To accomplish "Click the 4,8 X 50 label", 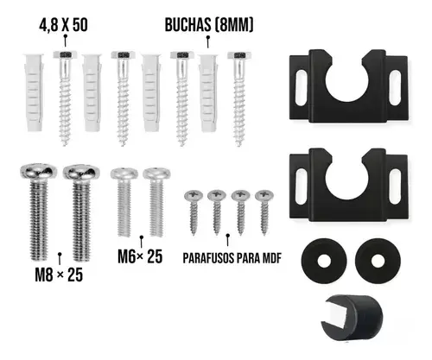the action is pyautogui.click(x=63, y=25).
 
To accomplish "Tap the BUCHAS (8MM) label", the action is pyautogui.click(x=209, y=25).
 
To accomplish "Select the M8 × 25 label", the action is pyautogui.click(x=59, y=275).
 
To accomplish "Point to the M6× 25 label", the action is pyautogui.click(x=140, y=256).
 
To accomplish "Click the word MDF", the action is pyautogui.click(x=272, y=258).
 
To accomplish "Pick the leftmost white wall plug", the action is pyautogui.click(x=34, y=92).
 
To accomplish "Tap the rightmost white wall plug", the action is pyautogui.click(x=208, y=92).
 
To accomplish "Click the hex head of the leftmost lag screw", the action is pyautogui.click(x=66, y=54).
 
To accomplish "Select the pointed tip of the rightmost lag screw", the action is pyautogui.click(x=239, y=145).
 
